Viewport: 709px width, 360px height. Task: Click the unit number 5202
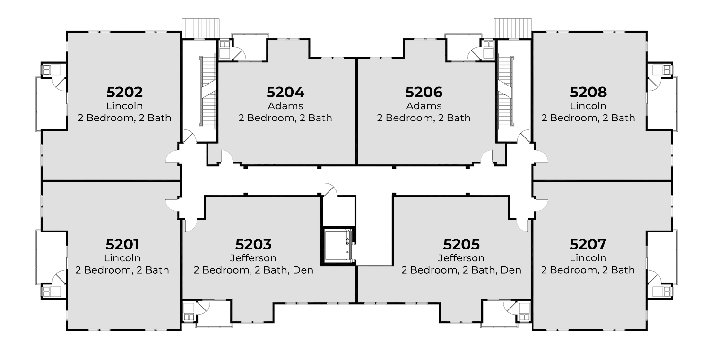coord(124,92)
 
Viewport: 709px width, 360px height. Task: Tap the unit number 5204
coord(285,92)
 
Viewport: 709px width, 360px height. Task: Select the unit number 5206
coord(424,92)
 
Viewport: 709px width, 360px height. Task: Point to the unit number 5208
coord(588,92)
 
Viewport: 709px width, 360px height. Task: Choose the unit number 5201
coord(122,244)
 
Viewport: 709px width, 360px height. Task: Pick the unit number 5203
coord(253,244)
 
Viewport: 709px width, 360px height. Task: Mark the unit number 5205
coord(461,244)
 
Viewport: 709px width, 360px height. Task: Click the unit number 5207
coord(588,244)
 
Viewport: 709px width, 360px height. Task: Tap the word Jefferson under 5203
coord(253,258)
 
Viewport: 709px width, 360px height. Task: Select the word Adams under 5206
coord(424,106)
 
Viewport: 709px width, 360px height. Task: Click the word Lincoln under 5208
coord(588,106)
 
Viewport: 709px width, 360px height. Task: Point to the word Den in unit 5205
coord(511,270)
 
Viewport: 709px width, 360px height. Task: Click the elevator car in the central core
coord(338,246)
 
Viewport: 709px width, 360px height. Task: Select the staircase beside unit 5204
coord(208,92)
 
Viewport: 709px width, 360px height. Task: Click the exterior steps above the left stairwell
coord(200,28)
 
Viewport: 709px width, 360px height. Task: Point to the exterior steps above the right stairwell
coord(513,28)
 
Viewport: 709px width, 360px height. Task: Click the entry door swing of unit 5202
coord(173,157)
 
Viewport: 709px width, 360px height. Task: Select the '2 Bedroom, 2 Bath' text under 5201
coord(122,270)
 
